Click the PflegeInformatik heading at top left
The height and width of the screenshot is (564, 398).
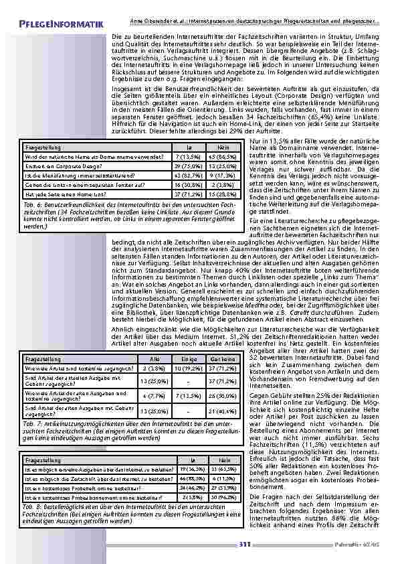62,25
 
